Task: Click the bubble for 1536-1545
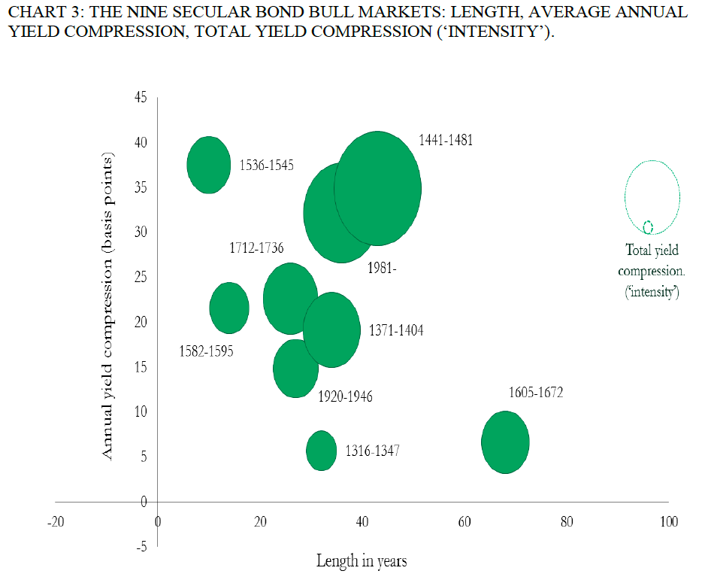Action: pyautogui.click(x=208, y=165)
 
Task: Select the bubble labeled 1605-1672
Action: pyautogui.click(x=505, y=442)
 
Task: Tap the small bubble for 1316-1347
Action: pyautogui.click(x=321, y=451)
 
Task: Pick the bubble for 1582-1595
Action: pyautogui.click(x=229, y=307)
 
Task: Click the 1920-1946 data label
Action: pyautogui.click(x=345, y=396)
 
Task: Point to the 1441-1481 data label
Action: pyautogui.click(x=446, y=141)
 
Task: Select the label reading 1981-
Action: pyautogui.click(x=382, y=269)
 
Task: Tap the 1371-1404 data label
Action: pyautogui.click(x=396, y=329)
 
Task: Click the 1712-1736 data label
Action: pyautogui.click(x=256, y=248)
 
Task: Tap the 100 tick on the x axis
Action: pyautogui.click(x=668, y=522)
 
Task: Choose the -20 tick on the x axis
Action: pyautogui.click(x=55, y=522)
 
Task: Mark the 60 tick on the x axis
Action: pyautogui.click(x=464, y=522)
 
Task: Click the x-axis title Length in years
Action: pyautogui.click(x=362, y=560)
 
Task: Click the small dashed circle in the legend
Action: pyautogui.click(x=648, y=226)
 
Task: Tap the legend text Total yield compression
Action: pyautogui.click(x=652, y=270)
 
